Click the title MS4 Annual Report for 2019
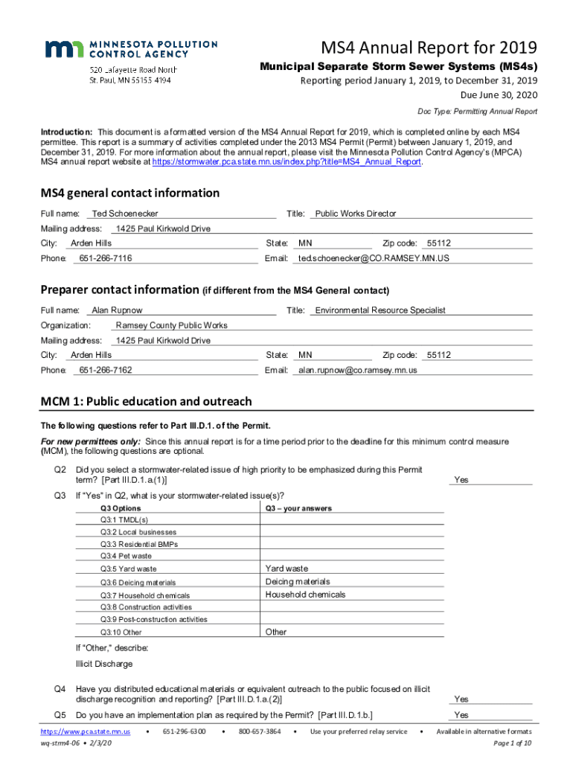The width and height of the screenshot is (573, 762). coord(429,49)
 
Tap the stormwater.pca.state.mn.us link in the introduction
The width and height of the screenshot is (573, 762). coord(286,161)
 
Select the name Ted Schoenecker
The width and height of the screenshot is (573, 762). coord(125,214)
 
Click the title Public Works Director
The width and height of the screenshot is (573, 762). coord(356,214)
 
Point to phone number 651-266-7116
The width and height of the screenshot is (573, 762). coord(106,258)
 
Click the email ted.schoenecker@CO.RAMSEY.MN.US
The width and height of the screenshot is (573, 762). coord(374,258)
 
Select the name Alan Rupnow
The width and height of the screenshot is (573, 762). coord(117,310)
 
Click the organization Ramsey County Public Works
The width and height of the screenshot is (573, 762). coord(172,325)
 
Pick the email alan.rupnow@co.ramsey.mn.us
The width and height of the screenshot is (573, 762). coord(358,370)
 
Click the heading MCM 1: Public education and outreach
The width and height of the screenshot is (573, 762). coord(146,402)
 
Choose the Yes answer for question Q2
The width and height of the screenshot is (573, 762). coord(461,480)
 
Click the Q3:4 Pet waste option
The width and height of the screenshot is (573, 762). coord(126,555)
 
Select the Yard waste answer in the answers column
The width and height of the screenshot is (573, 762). coord(286,569)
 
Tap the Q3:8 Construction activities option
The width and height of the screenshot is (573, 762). coord(145,607)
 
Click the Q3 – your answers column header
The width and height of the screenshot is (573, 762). coord(298,508)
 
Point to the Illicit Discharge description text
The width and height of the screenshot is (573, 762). coord(104,663)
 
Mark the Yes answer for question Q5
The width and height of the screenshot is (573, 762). coord(461,715)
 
